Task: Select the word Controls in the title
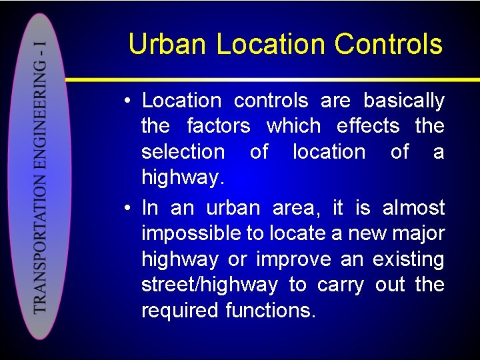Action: (388, 45)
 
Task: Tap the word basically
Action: (403, 101)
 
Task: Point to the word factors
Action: (219, 126)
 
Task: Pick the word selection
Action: (183, 152)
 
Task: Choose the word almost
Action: (413, 208)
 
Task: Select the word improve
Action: (293, 259)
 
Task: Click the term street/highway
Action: (209, 285)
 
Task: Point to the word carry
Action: (341, 285)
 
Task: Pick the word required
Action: (181, 311)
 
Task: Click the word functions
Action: (270, 311)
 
